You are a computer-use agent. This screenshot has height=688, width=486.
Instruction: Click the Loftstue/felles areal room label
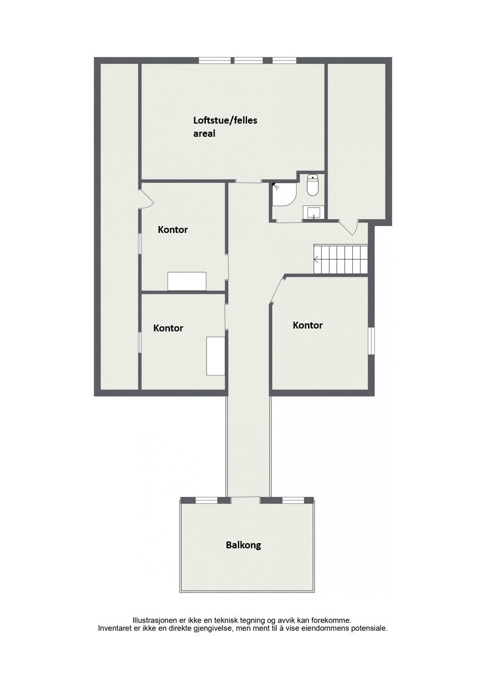click(x=221, y=127)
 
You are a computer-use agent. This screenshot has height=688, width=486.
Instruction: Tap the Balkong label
click(x=243, y=545)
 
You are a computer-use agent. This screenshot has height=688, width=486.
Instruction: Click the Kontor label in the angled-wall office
click(x=308, y=325)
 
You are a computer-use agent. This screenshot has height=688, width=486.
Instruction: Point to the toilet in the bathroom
click(x=313, y=185)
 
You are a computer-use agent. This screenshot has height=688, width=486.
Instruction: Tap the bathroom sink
click(x=314, y=213)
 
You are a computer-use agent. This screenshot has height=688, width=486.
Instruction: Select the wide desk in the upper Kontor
click(x=187, y=281)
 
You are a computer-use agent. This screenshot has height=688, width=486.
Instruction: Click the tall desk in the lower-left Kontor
click(x=216, y=355)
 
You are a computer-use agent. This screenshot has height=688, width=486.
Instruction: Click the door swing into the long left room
click(x=146, y=199)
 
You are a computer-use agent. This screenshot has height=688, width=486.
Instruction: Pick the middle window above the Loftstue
click(x=248, y=60)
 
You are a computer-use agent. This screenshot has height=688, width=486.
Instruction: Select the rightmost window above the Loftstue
click(x=284, y=60)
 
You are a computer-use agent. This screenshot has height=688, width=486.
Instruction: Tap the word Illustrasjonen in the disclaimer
click(x=154, y=620)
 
